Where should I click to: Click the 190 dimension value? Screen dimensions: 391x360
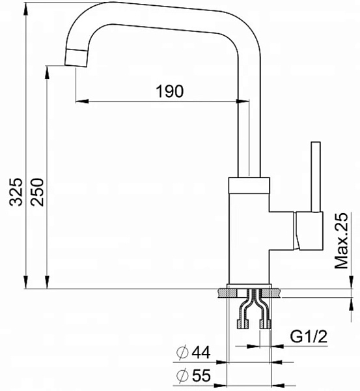click(x=169, y=91)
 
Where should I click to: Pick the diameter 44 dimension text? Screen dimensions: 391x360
click(x=193, y=353)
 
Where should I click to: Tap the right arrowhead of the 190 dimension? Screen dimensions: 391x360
click(x=243, y=101)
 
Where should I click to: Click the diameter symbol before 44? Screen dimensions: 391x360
click(x=182, y=353)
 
